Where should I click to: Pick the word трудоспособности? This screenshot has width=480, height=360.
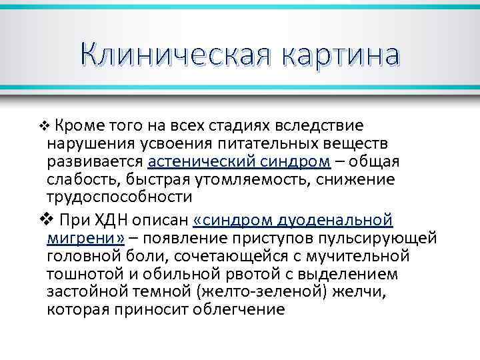click(x=119, y=197)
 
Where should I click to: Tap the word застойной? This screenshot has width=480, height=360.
click(x=86, y=292)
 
